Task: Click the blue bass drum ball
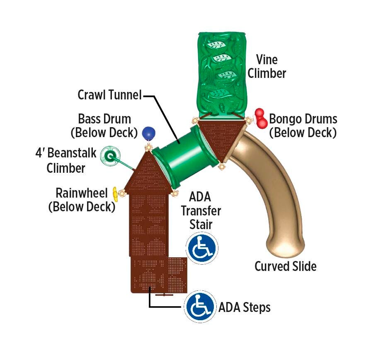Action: [149, 133]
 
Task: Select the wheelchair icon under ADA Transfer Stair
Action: [202, 248]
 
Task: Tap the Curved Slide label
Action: [285, 266]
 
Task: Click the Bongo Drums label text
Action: [303, 119]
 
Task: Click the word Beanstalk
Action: [71, 153]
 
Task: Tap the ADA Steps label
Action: [245, 308]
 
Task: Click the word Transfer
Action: [201, 210]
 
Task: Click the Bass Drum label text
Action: [104, 119]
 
